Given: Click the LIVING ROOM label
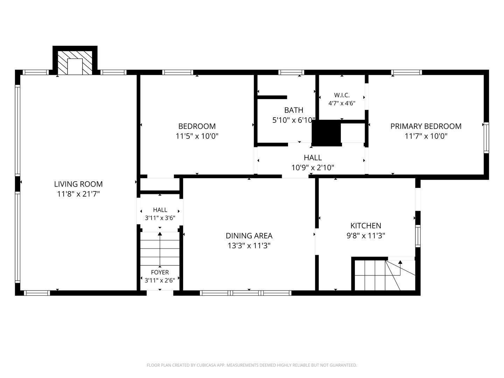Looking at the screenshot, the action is (x=78, y=184).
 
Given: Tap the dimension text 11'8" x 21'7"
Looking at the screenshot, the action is (x=78, y=194).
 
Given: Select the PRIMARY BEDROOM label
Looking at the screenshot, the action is (x=426, y=126).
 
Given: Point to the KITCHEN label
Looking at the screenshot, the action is (x=366, y=226).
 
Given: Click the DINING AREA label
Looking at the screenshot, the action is (x=249, y=236).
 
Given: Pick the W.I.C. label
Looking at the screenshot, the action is (x=342, y=95).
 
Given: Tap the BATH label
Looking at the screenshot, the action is (x=294, y=110).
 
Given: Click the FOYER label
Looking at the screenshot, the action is (x=160, y=272).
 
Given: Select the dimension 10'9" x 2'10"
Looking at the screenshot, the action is (x=313, y=168).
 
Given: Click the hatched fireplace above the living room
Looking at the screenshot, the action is (x=75, y=63).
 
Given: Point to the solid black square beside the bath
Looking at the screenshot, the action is (x=326, y=133).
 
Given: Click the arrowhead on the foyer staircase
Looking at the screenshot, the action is (x=160, y=234).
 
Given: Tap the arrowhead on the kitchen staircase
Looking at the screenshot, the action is (x=400, y=262).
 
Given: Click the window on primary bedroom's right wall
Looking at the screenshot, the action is (x=486, y=138).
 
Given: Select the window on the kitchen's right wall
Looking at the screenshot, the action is (x=418, y=236).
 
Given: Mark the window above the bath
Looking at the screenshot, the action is (x=291, y=72).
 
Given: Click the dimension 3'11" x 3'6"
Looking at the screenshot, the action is (x=160, y=218).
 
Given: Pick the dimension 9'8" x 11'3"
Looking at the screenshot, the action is (x=366, y=236).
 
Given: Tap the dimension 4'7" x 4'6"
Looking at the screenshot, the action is (x=342, y=103).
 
